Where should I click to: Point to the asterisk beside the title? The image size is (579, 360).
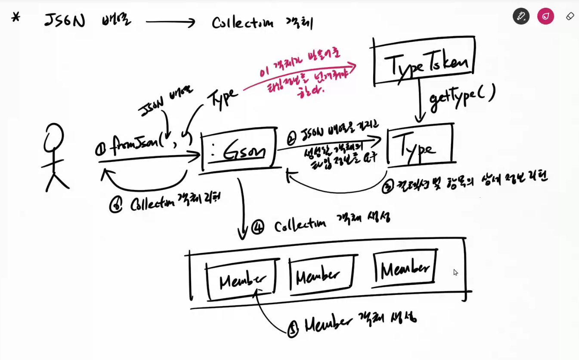pos(16,18)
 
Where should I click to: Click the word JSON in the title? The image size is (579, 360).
pos(65,21)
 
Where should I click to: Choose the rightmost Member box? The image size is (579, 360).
pos(405,268)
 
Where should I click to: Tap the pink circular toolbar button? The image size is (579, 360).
pos(545,16)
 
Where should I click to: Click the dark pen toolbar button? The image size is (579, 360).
pos(521,16)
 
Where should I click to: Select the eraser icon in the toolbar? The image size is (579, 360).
pos(570,16)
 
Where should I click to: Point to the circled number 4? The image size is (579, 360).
pos(257,227)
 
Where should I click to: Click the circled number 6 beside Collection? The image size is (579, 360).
pos(116,205)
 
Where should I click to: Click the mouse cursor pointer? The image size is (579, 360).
pos(455,272)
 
